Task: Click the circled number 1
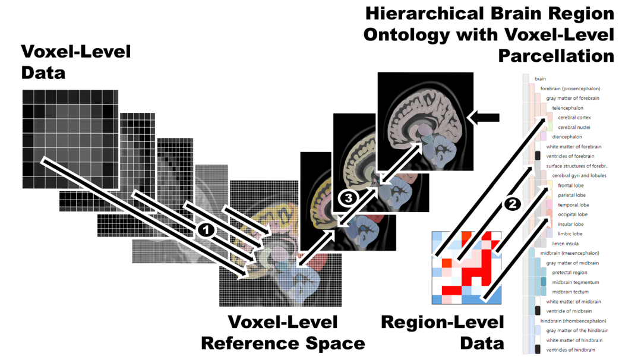[x=206, y=230]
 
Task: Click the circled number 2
[x=512, y=204]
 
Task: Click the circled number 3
[x=348, y=198]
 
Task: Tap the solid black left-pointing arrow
[x=483, y=117]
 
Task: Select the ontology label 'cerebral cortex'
[x=574, y=118]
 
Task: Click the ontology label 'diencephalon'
[x=567, y=137]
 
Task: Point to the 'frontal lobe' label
[x=571, y=185]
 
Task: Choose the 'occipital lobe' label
[x=573, y=214]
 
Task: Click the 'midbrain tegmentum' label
[x=576, y=282]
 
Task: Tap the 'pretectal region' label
[x=570, y=273]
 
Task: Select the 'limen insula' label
[x=566, y=244]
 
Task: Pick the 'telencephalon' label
[x=568, y=108]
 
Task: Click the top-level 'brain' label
[x=540, y=79]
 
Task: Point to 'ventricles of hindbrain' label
[x=571, y=350]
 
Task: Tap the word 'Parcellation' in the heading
[x=556, y=56]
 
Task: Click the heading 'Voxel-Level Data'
[x=76, y=62]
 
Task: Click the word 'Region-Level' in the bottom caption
[x=443, y=323]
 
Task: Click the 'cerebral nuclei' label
[x=574, y=128]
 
